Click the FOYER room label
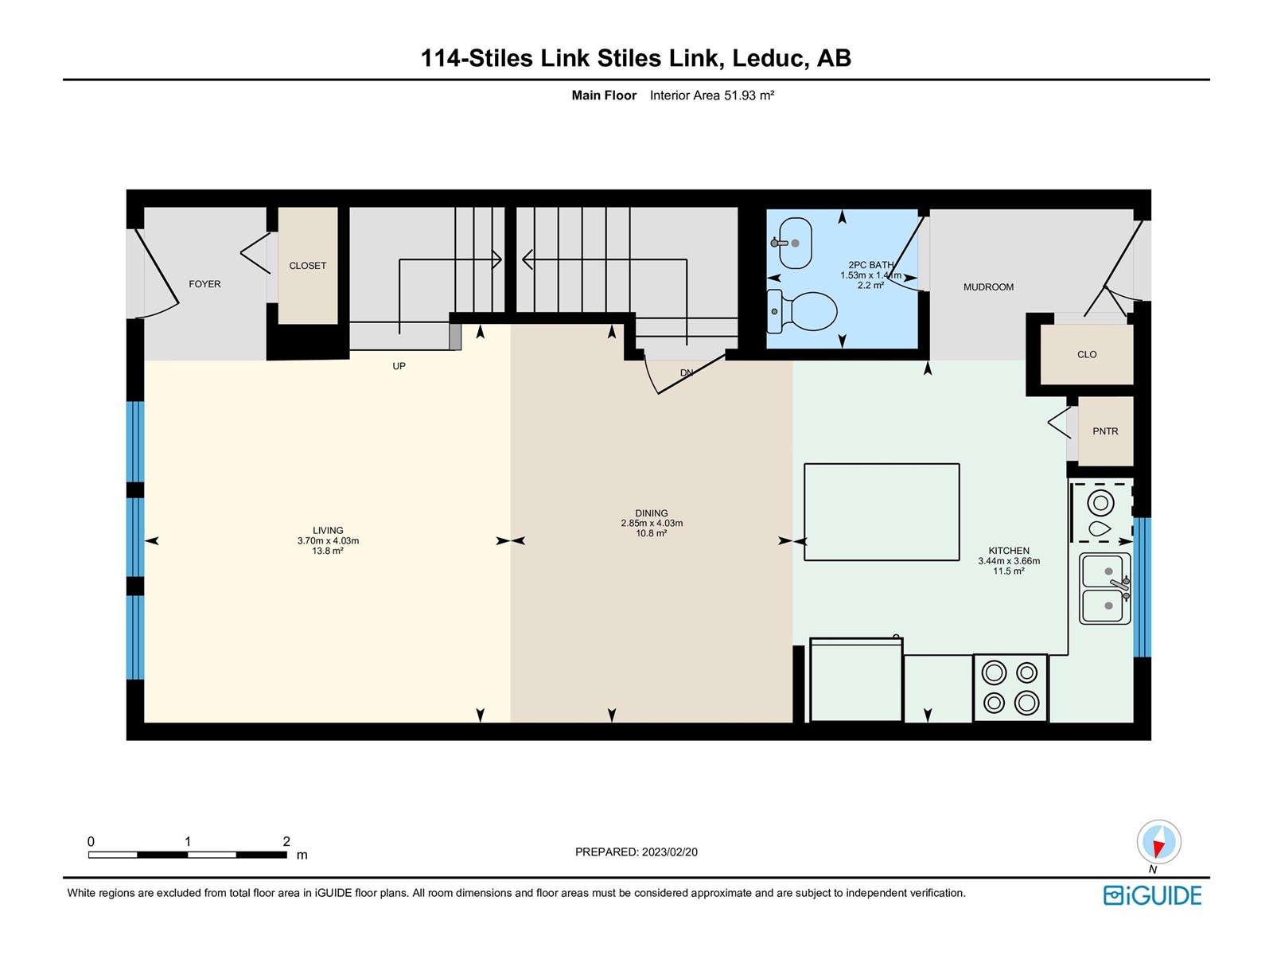coord(204,284)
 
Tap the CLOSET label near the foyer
coord(307,266)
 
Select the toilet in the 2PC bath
coord(802,312)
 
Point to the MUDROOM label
coord(988,287)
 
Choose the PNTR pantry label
coord(1105,431)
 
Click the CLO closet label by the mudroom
coord(1086,355)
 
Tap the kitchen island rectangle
coord(881,512)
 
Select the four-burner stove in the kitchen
coord(1010,688)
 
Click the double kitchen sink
coord(1104,589)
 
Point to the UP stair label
coord(399,366)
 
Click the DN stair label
coord(686,372)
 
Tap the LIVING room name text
coord(328,531)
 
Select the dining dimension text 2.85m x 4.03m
coord(652,523)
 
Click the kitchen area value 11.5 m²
coord(1009,571)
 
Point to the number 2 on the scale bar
coord(286,841)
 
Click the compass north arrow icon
coord(1158,842)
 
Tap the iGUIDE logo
coord(1152,896)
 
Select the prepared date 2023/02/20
coord(668,852)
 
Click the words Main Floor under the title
coord(604,95)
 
